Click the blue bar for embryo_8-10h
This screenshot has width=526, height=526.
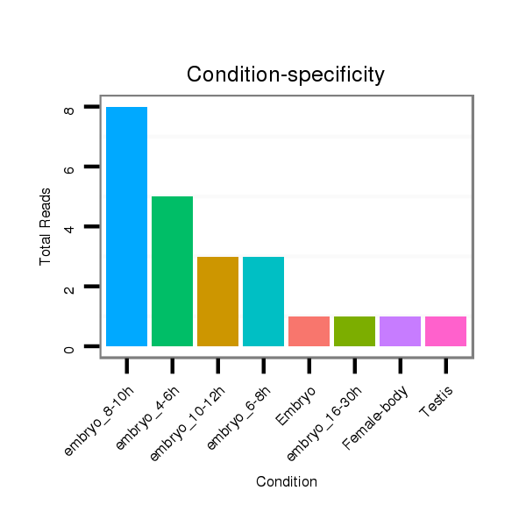[x=126, y=226]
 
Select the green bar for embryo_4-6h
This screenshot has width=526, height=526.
[x=172, y=271]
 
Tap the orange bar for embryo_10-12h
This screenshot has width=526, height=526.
[x=217, y=302]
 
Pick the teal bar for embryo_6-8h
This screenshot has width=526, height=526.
[x=263, y=302]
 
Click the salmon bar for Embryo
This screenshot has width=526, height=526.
[x=309, y=331]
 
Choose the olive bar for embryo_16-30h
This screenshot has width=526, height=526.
[x=354, y=331]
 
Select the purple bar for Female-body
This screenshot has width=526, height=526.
[x=400, y=331]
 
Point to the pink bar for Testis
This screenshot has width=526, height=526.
[x=445, y=331]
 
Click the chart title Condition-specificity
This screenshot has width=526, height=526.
[x=286, y=75]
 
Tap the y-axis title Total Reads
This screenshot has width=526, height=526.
[x=45, y=227]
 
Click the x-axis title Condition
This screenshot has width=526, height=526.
[x=286, y=482]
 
